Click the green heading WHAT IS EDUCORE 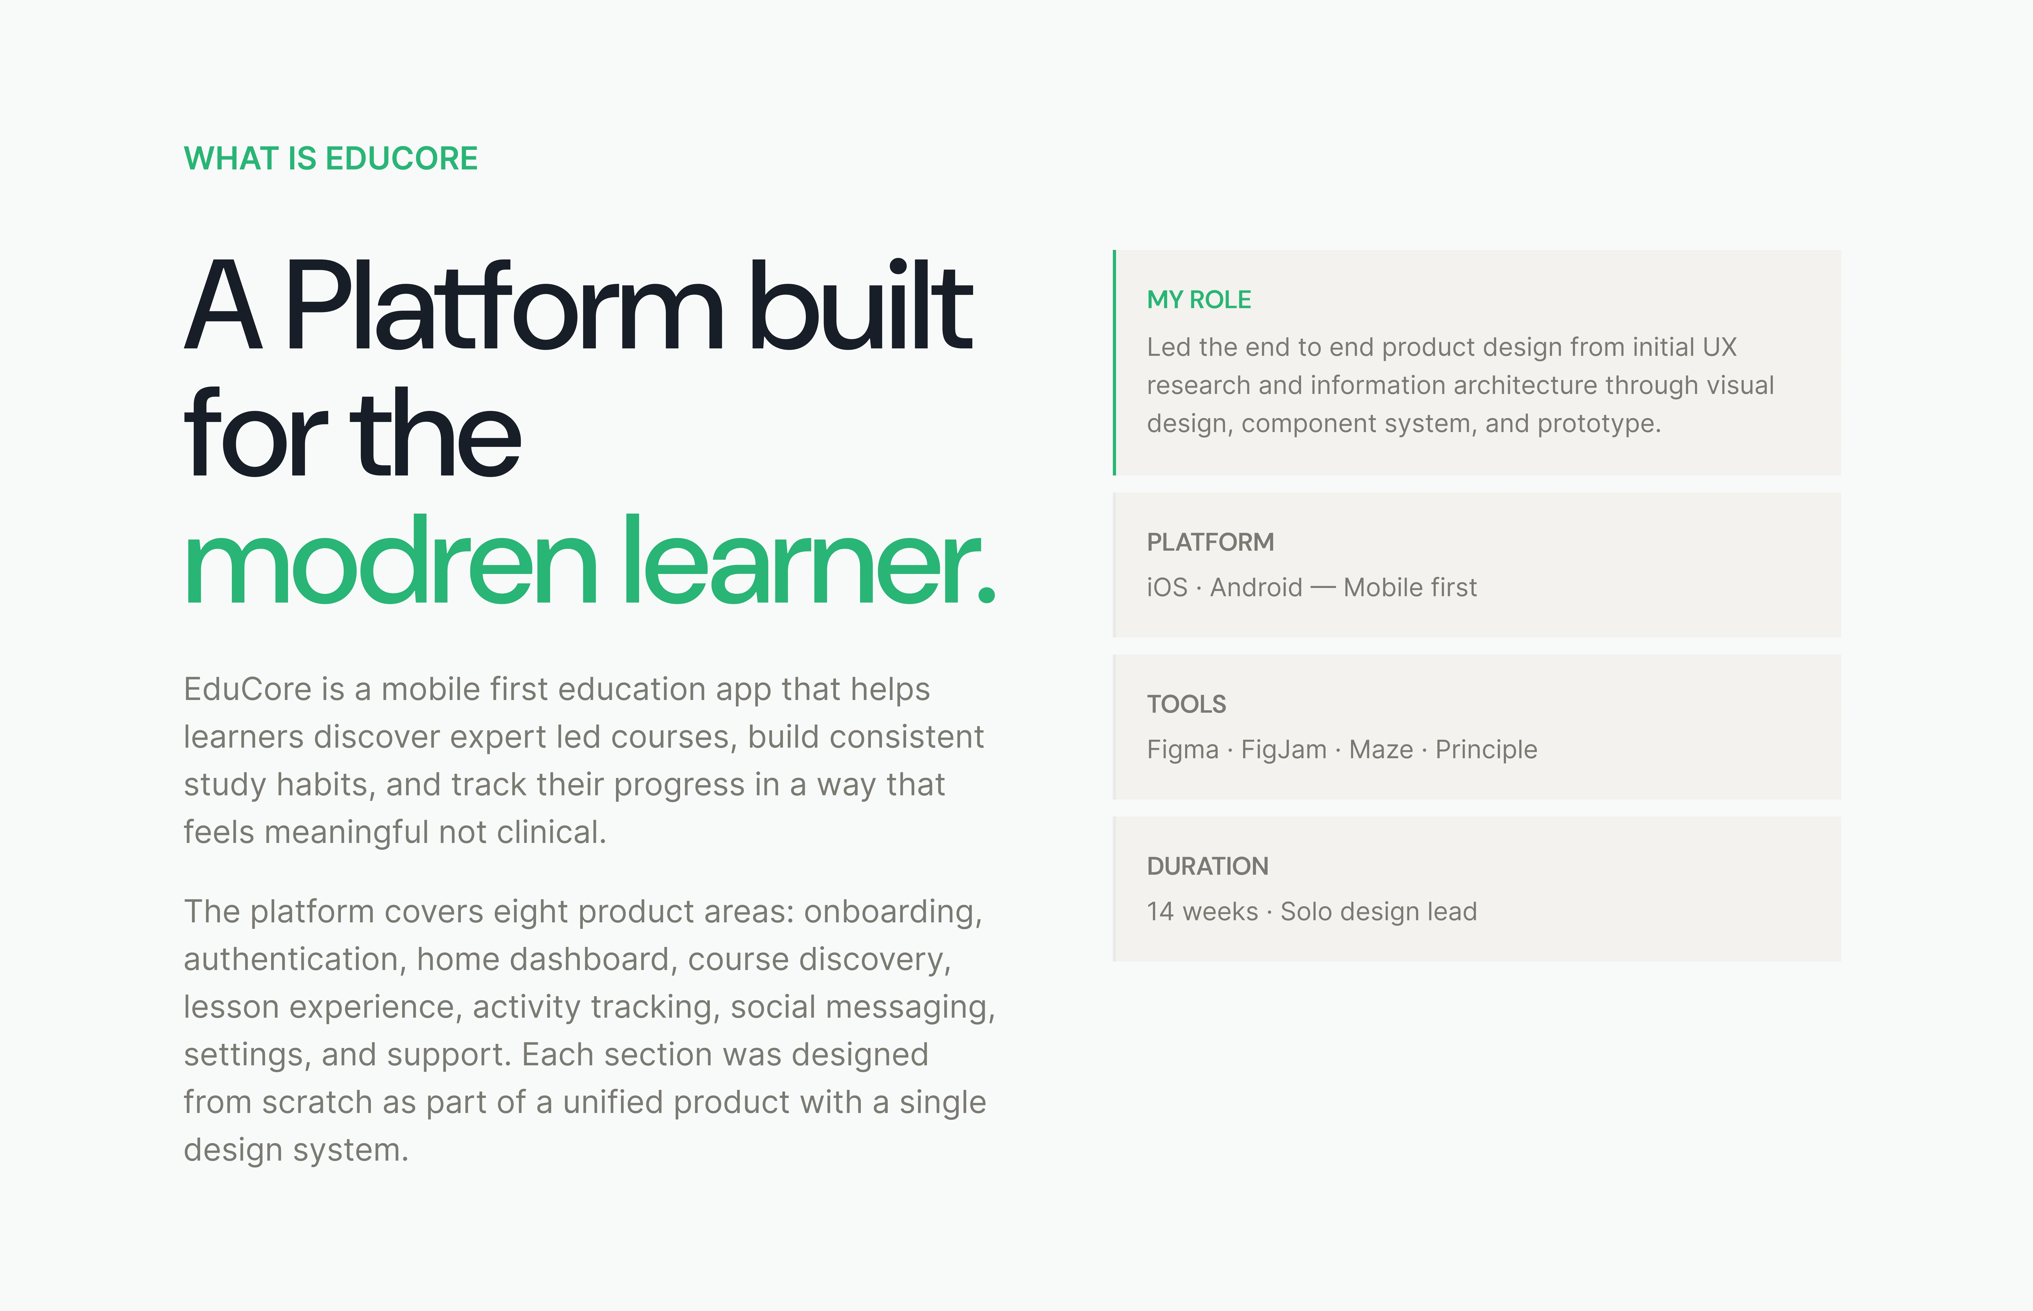coord(331,158)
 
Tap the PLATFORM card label coord(1210,542)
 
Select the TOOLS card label coord(1186,704)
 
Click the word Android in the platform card coord(1256,587)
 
